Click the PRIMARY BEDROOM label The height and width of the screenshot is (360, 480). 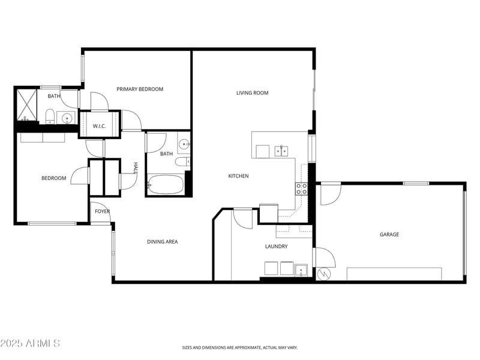click(140, 89)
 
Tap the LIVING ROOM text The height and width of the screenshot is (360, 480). click(252, 93)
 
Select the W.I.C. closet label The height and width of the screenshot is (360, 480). click(99, 126)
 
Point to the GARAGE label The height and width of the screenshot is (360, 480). click(389, 235)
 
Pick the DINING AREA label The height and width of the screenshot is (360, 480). click(163, 242)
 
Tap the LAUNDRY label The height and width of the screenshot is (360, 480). click(276, 247)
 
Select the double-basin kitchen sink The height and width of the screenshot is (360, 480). click(281, 151)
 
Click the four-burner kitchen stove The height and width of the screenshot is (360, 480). click(301, 189)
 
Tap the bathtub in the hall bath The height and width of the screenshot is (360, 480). click(166, 184)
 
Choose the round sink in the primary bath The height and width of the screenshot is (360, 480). click(66, 118)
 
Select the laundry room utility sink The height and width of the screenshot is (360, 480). click(301, 269)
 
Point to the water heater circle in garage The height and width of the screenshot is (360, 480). click(325, 274)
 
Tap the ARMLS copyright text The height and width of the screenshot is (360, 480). click(30, 343)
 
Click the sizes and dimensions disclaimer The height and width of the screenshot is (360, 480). click(240, 347)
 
